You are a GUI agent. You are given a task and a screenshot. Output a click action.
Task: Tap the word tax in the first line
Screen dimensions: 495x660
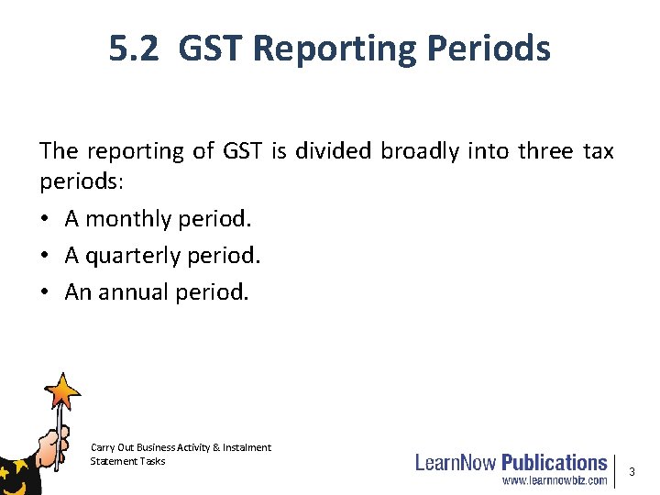(598, 151)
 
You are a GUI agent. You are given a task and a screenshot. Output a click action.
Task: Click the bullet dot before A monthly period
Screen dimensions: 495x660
(46, 219)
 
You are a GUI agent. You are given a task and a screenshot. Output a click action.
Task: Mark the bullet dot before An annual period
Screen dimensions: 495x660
(46, 292)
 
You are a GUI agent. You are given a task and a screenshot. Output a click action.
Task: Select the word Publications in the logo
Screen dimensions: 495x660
(554, 463)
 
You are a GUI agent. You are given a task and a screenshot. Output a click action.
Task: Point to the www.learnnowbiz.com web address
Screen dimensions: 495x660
(553, 480)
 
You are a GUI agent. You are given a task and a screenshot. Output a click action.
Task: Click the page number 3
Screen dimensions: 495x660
(632, 471)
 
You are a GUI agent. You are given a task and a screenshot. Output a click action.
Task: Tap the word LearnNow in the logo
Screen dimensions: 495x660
(456, 463)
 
